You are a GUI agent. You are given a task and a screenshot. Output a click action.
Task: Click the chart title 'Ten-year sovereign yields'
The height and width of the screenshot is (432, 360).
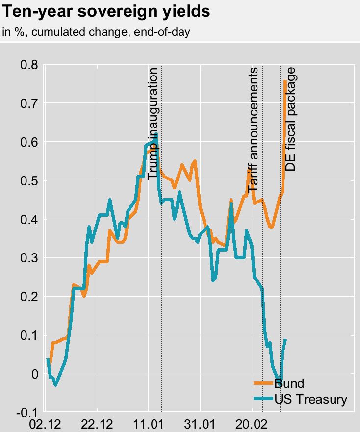click(x=107, y=12)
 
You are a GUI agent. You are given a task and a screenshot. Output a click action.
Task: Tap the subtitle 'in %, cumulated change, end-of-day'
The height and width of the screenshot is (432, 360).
click(x=96, y=32)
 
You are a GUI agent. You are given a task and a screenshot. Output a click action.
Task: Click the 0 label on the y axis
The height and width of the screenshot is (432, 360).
click(x=34, y=374)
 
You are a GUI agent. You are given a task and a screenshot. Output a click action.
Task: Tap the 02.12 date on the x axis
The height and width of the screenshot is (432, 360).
click(x=46, y=423)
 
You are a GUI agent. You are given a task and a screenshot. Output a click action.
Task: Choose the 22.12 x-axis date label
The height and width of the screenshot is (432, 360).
click(x=97, y=423)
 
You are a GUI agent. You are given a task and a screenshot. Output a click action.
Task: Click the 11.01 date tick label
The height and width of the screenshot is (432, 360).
click(x=149, y=423)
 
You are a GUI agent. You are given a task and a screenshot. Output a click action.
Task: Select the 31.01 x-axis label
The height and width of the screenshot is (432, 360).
click(x=201, y=423)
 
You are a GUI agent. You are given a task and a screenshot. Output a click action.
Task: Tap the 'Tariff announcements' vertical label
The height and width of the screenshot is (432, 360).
click(x=253, y=129)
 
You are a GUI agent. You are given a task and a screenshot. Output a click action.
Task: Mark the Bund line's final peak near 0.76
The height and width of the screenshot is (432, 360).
click(x=285, y=81)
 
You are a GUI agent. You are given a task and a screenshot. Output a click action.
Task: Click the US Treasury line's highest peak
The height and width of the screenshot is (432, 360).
click(x=156, y=134)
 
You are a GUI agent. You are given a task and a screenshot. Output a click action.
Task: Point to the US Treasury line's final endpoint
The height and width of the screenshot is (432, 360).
click(x=285, y=340)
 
